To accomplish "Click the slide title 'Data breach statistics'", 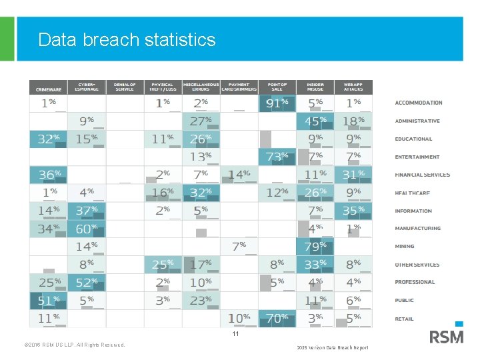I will (127, 40).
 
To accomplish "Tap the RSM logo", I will (446, 337).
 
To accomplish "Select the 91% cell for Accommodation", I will (277, 103).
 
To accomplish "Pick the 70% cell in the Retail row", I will (277, 319).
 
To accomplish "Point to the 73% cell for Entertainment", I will (277, 157).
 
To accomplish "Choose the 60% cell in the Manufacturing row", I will (87, 229).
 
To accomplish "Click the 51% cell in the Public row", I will (48, 301).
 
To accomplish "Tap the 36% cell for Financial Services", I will (48, 175).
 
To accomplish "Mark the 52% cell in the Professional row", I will (87, 283).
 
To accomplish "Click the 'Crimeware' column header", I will (48, 88).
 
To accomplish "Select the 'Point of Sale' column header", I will (277, 87).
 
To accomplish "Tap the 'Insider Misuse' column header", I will (315, 87).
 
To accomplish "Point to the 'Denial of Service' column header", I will (125, 87).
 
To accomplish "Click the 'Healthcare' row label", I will (412, 193).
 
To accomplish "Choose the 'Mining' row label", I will (404, 247).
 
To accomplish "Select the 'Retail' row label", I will (404, 319).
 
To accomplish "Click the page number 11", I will (235, 333).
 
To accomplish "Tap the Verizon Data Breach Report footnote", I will (332, 347).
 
